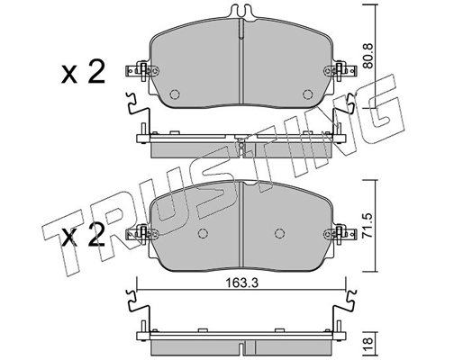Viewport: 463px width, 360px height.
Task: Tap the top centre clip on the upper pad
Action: point(241,13)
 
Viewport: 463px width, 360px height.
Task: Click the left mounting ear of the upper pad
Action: point(140,69)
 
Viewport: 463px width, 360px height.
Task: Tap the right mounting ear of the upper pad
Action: point(343,69)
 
